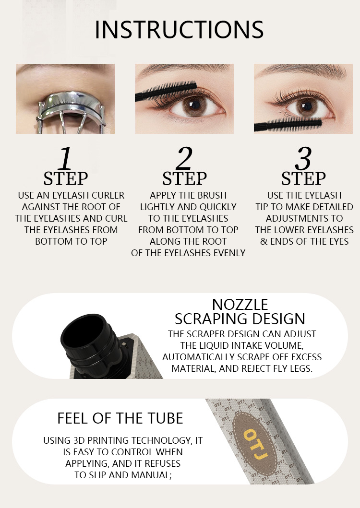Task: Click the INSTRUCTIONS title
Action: pyautogui.click(x=179, y=30)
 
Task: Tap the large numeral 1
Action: pyautogui.click(x=65, y=158)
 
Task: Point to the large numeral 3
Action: pyautogui.click(x=303, y=158)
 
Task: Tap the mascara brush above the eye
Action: pyautogui.click(x=166, y=90)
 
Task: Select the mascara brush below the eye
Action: pyautogui.click(x=288, y=124)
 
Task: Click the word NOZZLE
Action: pyautogui.click(x=240, y=305)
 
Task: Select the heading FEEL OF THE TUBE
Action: pyautogui.click(x=120, y=418)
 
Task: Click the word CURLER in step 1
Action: pyautogui.click(x=108, y=195)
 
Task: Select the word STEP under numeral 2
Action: pyautogui.click(x=184, y=178)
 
